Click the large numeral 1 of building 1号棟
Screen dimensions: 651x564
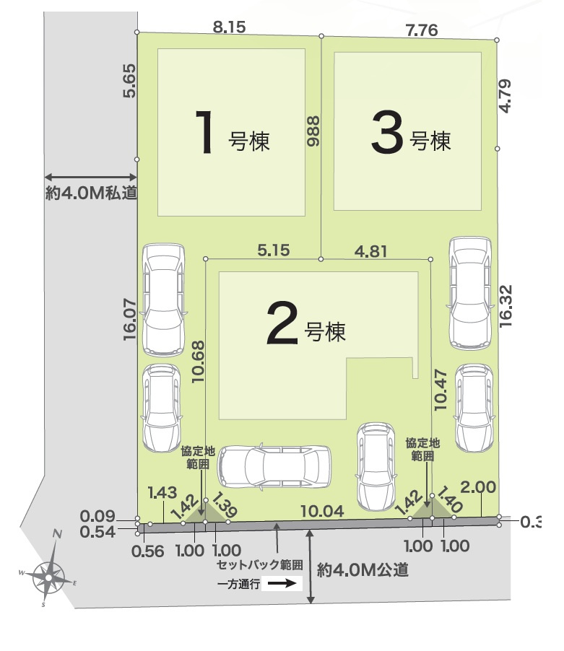[x=205, y=132]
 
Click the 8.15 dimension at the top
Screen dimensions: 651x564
[x=229, y=27]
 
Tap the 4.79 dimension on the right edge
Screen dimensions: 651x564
[x=506, y=94]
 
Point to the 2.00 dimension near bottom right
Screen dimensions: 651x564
[x=477, y=489]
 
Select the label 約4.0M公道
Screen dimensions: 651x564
[x=363, y=570]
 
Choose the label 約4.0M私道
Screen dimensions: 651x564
[x=91, y=193]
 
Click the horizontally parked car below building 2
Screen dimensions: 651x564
[x=274, y=466]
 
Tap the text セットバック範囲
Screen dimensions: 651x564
[x=260, y=565]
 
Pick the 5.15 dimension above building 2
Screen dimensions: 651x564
[x=273, y=250]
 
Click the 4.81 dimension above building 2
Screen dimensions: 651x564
[x=370, y=251]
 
